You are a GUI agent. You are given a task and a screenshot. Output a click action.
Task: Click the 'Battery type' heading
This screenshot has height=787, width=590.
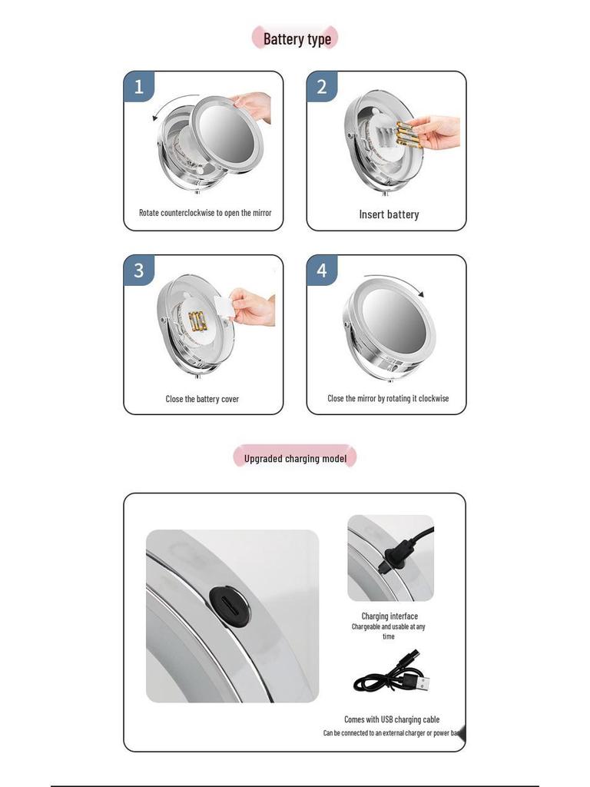(297, 38)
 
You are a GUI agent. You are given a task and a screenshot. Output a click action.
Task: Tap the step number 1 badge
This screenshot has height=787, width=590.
(139, 87)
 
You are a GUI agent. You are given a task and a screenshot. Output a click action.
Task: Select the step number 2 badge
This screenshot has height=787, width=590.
(322, 87)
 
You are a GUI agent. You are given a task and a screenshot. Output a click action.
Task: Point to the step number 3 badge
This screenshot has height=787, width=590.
(139, 271)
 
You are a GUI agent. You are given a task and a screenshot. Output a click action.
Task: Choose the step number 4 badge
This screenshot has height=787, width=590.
(322, 271)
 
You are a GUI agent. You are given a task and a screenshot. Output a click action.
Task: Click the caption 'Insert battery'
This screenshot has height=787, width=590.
(389, 214)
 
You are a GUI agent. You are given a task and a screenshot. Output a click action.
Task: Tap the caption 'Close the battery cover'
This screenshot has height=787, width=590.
(202, 399)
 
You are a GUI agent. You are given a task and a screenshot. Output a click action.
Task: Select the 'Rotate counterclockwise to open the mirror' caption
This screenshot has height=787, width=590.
(205, 213)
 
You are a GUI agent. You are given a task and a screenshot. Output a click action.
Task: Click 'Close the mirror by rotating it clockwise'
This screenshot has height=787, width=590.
(388, 398)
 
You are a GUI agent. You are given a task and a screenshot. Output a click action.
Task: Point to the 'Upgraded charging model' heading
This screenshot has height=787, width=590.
(295, 459)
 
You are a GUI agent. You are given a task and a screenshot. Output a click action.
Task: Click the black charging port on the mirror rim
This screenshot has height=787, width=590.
(229, 606)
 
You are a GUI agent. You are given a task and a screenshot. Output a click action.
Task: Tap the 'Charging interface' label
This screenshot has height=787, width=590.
(389, 616)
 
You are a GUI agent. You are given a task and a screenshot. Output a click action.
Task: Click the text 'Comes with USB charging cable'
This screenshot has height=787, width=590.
(392, 719)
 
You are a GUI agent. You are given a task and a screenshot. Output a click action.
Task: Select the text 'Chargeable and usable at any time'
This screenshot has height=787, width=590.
(389, 631)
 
